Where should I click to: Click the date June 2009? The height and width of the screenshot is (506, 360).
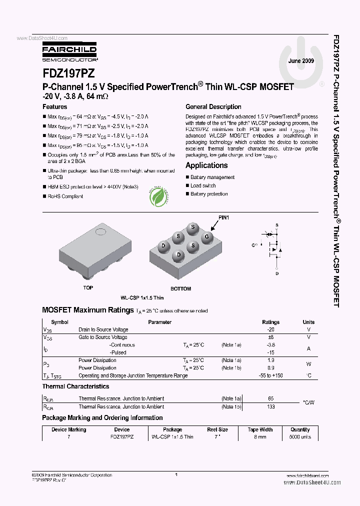(x=301, y=60)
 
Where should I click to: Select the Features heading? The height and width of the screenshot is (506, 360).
(x=54, y=107)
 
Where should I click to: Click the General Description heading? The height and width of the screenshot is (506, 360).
(x=213, y=107)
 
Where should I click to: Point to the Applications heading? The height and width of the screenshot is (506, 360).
(x=206, y=165)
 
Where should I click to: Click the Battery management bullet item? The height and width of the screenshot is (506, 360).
(x=212, y=177)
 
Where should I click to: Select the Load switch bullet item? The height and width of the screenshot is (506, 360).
(x=203, y=185)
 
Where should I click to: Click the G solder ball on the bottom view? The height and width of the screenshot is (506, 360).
(x=207, y=236)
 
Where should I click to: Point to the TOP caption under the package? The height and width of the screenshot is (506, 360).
(x=88, y=288)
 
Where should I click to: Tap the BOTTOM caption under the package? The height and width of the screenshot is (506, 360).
(x=180, y=288)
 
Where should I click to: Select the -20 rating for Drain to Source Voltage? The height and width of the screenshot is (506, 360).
(x=271, y=330)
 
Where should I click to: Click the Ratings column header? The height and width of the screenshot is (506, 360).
(x=271, y=322)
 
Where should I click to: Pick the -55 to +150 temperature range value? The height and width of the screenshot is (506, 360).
(x=271, y=375)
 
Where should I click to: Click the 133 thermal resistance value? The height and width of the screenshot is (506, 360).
(x=271, y=406)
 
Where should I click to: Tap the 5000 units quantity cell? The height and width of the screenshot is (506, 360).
(x=300, y=437)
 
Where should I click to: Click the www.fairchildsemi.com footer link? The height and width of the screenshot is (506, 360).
(x=308, y=475)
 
